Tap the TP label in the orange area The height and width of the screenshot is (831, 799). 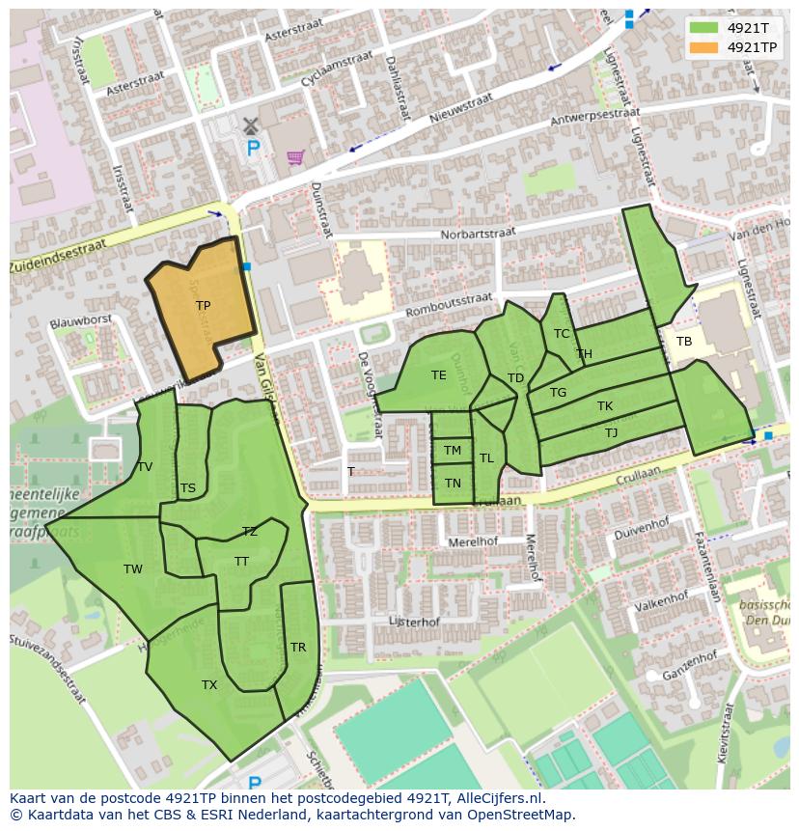(203, 306)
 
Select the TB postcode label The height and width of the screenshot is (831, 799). (684, 342)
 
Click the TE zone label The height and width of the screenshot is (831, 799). (439, 375)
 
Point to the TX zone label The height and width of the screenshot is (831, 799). (209, 685)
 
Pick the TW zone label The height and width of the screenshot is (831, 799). (133, 569)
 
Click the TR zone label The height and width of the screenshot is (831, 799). (298, 648)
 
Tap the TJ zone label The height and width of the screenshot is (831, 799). (611, 433)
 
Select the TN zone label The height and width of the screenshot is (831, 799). (453, 484)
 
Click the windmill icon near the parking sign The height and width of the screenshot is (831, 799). (250, 125)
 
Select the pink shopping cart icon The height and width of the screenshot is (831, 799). (295, 156)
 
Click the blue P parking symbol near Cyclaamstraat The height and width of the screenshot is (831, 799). (253, 149)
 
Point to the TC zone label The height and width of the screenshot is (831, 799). (562, 334)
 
